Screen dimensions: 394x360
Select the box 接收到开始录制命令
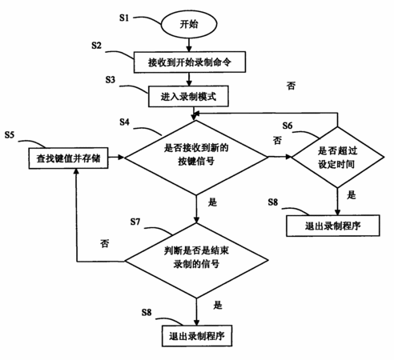tap(190, 62)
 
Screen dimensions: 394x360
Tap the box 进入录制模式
tap(188, 96)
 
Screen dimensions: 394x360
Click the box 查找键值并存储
tap(68, 158)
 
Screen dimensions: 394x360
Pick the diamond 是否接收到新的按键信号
tap(196, 158)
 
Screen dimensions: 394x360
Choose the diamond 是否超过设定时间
tap(338, 158)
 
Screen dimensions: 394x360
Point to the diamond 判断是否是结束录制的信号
tap(196, 261)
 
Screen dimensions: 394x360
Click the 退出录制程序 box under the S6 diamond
tap(333, 226)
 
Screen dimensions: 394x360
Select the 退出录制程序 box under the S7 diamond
tap(197, 336)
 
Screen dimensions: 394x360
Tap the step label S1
tap(124, 18)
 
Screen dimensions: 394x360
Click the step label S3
tap(111, 80)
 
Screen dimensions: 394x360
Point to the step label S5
tap(10, 135)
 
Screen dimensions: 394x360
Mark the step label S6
tap(287, 126)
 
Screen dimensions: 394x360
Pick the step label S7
tap(135, 222)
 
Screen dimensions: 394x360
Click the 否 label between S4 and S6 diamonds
tap(277, 140)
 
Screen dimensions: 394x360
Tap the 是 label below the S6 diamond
tap(352, 195)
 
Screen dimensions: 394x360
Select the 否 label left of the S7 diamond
tap(105, 243)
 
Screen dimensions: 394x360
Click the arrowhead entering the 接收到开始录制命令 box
tap(189, 49)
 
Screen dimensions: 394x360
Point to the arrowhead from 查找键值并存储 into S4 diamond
tap(121, 158)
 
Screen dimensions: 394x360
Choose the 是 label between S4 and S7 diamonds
tap(212, 202)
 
